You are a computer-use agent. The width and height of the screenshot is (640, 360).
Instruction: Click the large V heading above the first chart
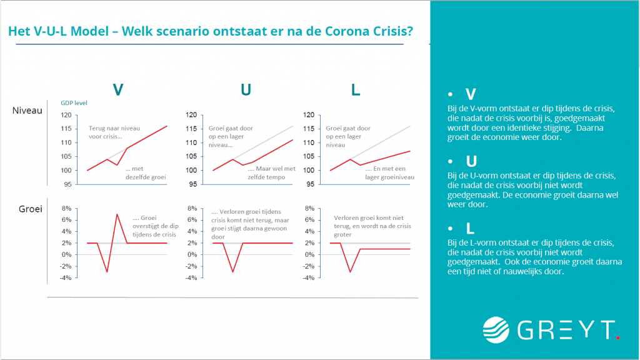(x=117, y=90)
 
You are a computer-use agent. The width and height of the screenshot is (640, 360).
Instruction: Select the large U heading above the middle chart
(x=246, y=90)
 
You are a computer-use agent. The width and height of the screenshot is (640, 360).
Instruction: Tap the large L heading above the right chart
(x=356, y=90)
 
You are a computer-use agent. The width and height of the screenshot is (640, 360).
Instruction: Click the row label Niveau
(x=27, y=111)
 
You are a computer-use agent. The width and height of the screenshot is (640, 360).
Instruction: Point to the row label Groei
(x=29, y=209)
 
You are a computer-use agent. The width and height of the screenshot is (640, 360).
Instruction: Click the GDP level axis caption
(x=74, y=103)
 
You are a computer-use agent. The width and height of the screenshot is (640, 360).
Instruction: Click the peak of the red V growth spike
(x=117, y=214)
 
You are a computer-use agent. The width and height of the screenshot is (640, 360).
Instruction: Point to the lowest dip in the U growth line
(x=233, y=271)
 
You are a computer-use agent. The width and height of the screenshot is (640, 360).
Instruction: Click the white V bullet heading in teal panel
(x=471, y=94)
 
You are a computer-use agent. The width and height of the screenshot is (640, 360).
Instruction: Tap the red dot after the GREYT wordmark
(x=617, y=337)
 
